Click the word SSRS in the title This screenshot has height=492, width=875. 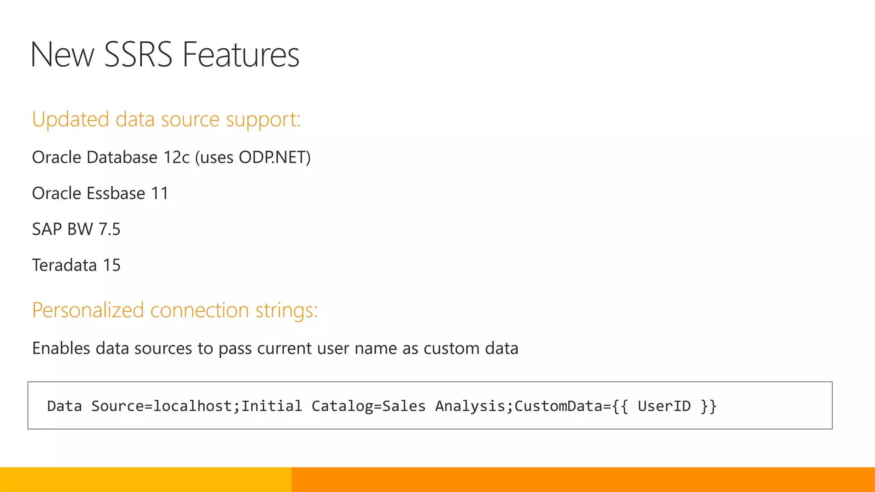point(138,55)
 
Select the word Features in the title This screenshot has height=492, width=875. point(241,55)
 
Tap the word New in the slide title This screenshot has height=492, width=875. point(62,55)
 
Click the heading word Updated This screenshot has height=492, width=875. point(70,120)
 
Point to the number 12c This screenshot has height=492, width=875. point(176,158)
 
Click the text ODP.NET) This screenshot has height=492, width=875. point(275,158)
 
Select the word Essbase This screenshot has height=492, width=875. point(116,193)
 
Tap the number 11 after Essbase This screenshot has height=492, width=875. point(160,193)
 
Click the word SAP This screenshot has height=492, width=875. point(47,229)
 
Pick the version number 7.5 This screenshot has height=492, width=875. point(109,229)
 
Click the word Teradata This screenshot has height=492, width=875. point(65,265)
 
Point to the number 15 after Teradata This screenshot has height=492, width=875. point(112,265)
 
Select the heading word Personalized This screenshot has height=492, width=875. point(88,310)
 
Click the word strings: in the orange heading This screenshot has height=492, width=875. point(287,310)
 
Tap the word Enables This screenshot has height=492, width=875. point(61,348)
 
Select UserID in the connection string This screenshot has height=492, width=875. point(664,406)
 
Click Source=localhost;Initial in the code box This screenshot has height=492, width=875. point(197,406)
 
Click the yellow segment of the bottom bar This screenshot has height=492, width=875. point(145,480)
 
